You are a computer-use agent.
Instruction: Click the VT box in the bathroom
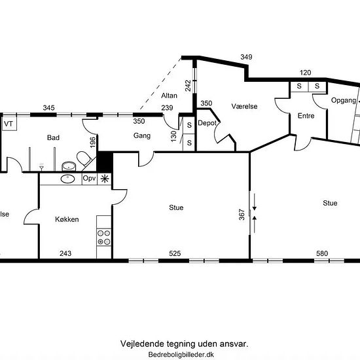click(x=9, y=124)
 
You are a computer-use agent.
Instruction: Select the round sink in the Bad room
click(x=69, y=166)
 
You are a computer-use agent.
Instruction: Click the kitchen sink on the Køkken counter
click(x=67, y=179)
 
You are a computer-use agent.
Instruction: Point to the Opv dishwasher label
click(x=89, y=179)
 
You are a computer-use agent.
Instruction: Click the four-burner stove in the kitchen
click(x=104, y=238)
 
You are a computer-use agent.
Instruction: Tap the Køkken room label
click(x=67, y=219)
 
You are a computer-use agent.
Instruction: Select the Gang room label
click(x=142, y=135)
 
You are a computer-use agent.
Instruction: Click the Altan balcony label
click(x=170, y=96)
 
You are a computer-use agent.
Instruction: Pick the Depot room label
click(x=207, y=123)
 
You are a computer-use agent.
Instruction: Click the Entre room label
click(x=306, y=116)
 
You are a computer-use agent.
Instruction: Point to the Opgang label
click(x=344, y=101)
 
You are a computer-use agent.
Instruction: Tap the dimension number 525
click(x=175, y=253)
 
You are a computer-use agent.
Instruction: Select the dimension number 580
click(x=322, y=253)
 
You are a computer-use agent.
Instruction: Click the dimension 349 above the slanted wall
click(x=246, y=57)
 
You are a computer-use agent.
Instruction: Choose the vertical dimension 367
click(x=242, y=215)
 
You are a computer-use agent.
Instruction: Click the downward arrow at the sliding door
click(x=255, y=202)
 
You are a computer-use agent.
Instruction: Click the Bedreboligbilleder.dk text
click(x=181, y=355)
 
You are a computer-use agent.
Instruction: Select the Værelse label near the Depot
click(x=244, y=106)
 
